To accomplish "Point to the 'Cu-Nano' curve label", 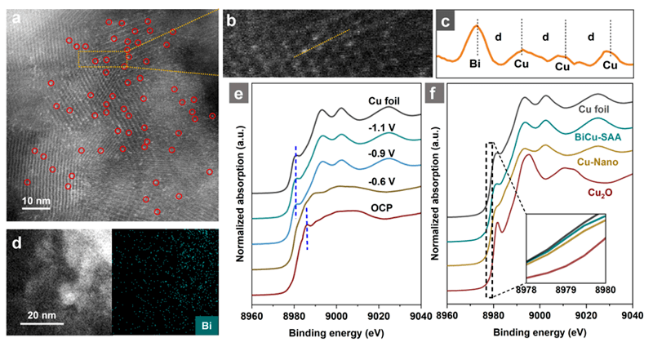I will (602, 162).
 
